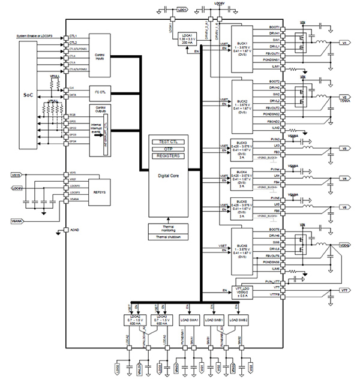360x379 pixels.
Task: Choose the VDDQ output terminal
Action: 344,245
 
